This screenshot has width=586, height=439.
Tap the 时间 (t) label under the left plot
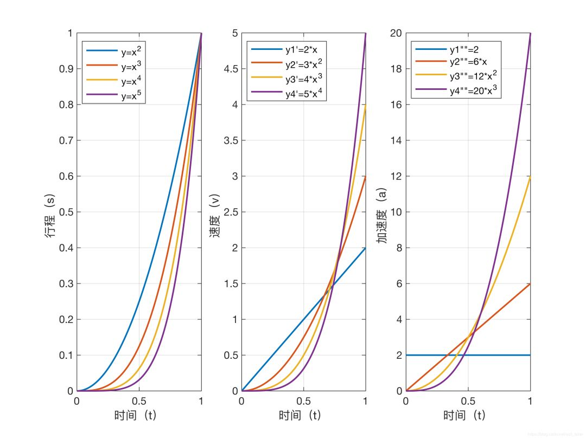139,416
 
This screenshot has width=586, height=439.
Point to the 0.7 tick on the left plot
66,141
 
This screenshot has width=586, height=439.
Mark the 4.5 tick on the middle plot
230,69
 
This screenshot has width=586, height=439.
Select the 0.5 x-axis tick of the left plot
139,402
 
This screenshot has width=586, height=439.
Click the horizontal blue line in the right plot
499,355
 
